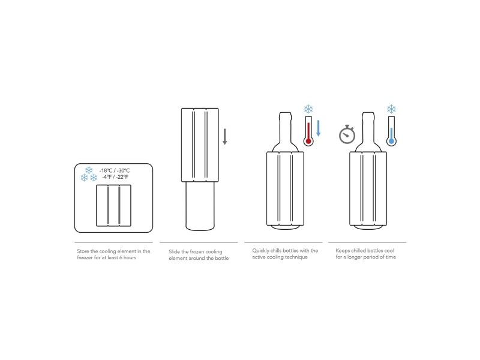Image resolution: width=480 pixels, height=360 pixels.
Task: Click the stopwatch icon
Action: coord(347,134)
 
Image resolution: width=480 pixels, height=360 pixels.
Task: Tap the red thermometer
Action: coord(308,131)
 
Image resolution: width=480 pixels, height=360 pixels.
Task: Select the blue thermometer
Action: coord(391,131)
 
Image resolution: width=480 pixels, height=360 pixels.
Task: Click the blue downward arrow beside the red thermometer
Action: coord(319,128)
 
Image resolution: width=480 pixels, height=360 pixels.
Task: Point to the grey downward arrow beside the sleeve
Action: coord(224,137)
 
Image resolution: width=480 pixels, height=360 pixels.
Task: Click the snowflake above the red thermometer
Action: coord(308,109)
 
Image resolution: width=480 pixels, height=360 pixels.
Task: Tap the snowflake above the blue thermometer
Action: coord(391,109)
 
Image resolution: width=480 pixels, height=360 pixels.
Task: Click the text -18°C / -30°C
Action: coord(115,170)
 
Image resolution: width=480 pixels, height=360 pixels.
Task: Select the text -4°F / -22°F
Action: coord(115,177)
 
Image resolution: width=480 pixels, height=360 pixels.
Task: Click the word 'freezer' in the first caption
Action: coord(85,257)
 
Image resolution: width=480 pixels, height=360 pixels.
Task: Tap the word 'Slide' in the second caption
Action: coord(174,251)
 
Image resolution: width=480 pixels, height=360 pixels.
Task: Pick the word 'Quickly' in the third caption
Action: coord(260,251)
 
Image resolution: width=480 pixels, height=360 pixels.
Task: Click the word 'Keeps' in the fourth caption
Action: coord(343,251)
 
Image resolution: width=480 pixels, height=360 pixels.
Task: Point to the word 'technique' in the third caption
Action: coord(296,257)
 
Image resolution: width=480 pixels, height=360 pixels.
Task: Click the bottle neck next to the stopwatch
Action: coord(368,131)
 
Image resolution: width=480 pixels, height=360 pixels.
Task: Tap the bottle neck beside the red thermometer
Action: coord(286,131)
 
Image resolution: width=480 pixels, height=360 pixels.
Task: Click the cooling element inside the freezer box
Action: coord(113,205)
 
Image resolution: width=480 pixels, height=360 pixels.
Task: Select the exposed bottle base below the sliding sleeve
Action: coord(200,206)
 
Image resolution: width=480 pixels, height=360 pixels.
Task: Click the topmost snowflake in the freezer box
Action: coord(89,170)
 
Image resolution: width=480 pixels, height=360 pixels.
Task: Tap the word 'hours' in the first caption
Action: coord(130,257)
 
